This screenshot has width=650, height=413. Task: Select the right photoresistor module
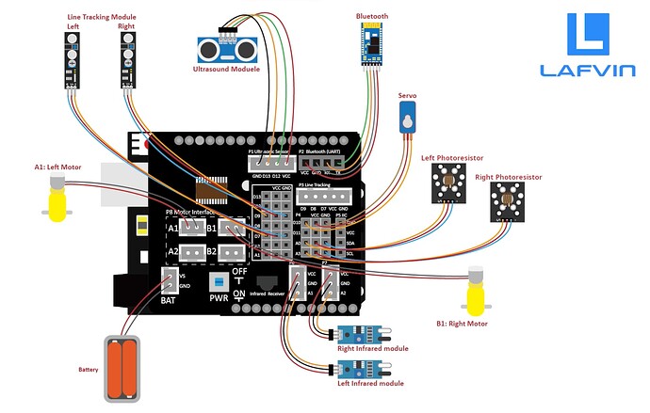coord(509,201)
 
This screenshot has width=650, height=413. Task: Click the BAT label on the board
coord(168,300)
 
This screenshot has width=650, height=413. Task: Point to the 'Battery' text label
coord(88,370)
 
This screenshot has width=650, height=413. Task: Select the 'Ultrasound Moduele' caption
coord(226,69)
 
